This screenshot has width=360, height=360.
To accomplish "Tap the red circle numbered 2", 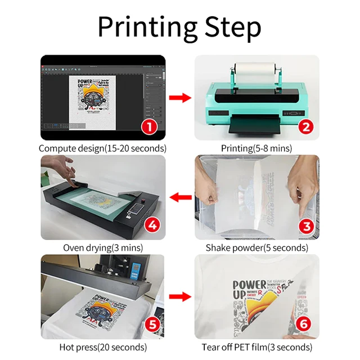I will click(x=305, y=127).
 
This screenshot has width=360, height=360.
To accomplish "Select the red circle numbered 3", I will click(x=305, y=227).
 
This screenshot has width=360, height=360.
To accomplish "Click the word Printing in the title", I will click(x=148, y=26).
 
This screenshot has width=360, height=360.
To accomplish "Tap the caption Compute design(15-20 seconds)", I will click(x=102, y=148).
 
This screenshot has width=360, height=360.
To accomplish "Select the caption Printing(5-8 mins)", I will click(x=256, y=148).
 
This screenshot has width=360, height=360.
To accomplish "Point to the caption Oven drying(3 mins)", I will click(x=102, y=247).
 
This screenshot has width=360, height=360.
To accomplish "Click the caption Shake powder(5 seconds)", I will click(x=256, y=247).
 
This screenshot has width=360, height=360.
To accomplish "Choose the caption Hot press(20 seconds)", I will click(x=102, y=347).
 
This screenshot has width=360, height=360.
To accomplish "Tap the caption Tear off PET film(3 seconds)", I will click(x=256, y=347).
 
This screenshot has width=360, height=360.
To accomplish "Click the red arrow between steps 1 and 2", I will click(x=179, y=99).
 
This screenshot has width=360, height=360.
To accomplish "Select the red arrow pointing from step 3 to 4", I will click(x=179, y=198).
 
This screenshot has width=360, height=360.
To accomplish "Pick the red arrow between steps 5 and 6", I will click(x=179, y=296).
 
